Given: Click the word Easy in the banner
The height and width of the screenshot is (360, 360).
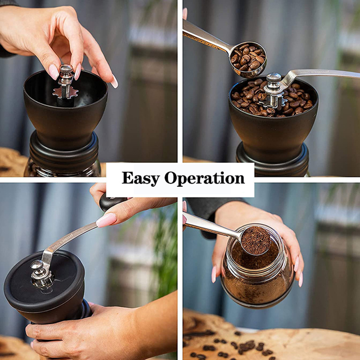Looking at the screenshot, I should coord(140,178).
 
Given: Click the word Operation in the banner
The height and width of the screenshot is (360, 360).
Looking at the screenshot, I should coord(204,179).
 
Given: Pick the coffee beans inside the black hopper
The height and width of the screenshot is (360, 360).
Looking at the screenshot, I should coord(252,101).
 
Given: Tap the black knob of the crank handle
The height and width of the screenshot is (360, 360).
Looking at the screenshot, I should coord(110,202).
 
